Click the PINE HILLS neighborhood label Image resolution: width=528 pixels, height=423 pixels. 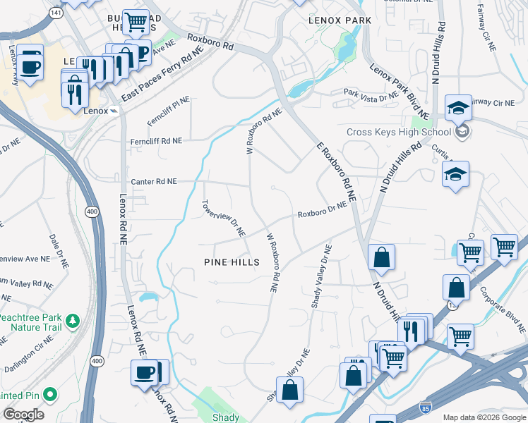[x=232, y=262]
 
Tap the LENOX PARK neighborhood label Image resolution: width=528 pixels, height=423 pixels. [x=340, y=20]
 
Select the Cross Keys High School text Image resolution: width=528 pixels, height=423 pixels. [x=398, y=132]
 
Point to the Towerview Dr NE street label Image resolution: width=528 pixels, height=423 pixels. [x=223, y=218]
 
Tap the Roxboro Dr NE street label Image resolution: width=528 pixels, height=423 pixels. [x=322, y=209]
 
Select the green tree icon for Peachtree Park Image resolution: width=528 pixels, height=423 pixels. [x=72, y=322]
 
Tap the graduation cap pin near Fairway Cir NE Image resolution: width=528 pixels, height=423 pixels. [x=457, y=108]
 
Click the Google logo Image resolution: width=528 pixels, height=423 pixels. [x=23, y=415]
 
